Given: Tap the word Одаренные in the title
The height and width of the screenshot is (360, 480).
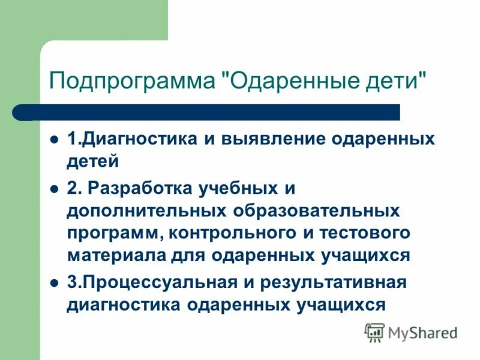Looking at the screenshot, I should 280,80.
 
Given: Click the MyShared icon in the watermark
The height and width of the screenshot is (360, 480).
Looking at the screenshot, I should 374,331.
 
